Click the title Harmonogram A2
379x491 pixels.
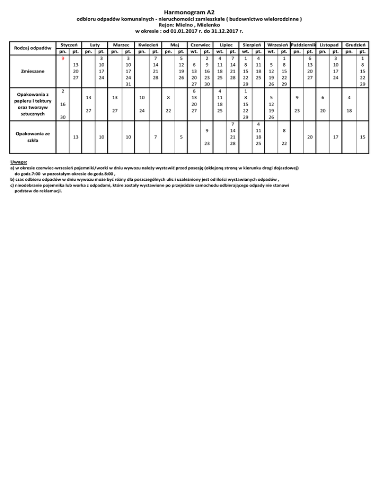click(189, 11)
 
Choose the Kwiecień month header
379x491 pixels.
click(148, 44)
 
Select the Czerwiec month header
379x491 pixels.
click(201, 44)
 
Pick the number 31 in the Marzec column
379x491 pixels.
click(128, 84)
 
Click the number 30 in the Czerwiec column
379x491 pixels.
click(207, 84)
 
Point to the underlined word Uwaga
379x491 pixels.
click(19, 162)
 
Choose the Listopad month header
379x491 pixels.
click(329, 44)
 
